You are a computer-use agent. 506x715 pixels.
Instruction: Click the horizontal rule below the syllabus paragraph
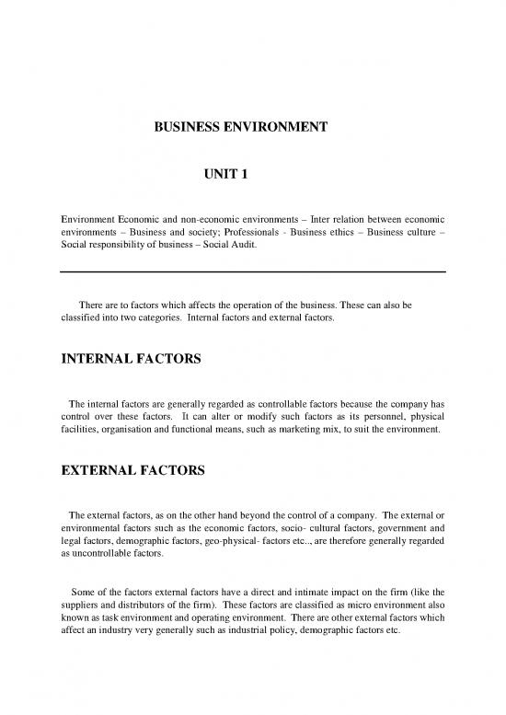[252, 271]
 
